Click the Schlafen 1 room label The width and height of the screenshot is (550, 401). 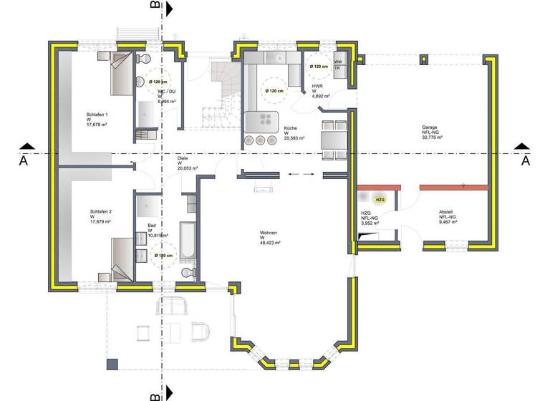(97, 115)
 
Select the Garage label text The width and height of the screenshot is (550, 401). (430, 127)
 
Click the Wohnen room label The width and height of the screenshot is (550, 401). (269, 233)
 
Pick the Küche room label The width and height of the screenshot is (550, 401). (290, 127)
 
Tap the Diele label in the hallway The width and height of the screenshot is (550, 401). (183, 158)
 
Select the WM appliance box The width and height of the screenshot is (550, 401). (337, 62)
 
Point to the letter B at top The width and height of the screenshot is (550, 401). (154, 6)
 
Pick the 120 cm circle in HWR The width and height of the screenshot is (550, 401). (316, 67)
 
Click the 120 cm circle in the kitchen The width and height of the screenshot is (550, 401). (274, 91)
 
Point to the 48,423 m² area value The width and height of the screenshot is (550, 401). (270, 243)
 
